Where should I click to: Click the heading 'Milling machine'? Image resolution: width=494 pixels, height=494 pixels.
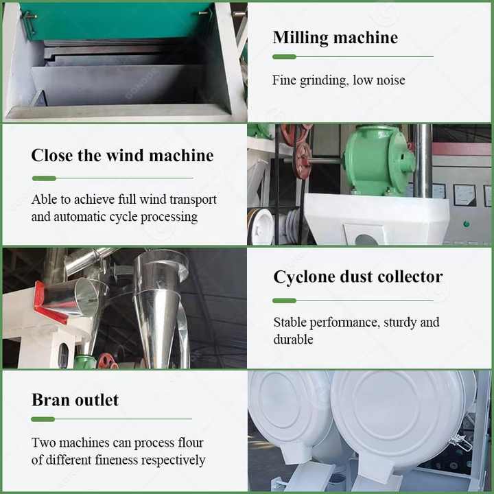point(336,38)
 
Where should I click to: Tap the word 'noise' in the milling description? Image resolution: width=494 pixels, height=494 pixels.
point(391,80)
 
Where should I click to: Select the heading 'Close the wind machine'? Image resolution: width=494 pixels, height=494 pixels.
point(123,155)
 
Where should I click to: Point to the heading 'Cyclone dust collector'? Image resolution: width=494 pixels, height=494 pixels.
point(358,277)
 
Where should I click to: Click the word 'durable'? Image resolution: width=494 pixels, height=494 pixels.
point(294,340)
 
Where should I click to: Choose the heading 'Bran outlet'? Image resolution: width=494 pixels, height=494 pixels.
point(75,400)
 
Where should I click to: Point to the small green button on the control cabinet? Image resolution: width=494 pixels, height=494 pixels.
point(467,224)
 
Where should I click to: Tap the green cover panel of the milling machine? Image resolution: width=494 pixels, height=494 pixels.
point(117,21)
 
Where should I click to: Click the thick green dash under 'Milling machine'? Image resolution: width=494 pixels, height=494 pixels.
point(284,57)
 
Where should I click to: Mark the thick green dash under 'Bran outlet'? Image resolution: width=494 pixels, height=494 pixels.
point(43,419)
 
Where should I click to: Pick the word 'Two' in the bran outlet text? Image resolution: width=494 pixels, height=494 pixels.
point(43,443)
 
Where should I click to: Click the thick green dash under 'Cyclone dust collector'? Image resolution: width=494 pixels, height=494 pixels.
point(284,301)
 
